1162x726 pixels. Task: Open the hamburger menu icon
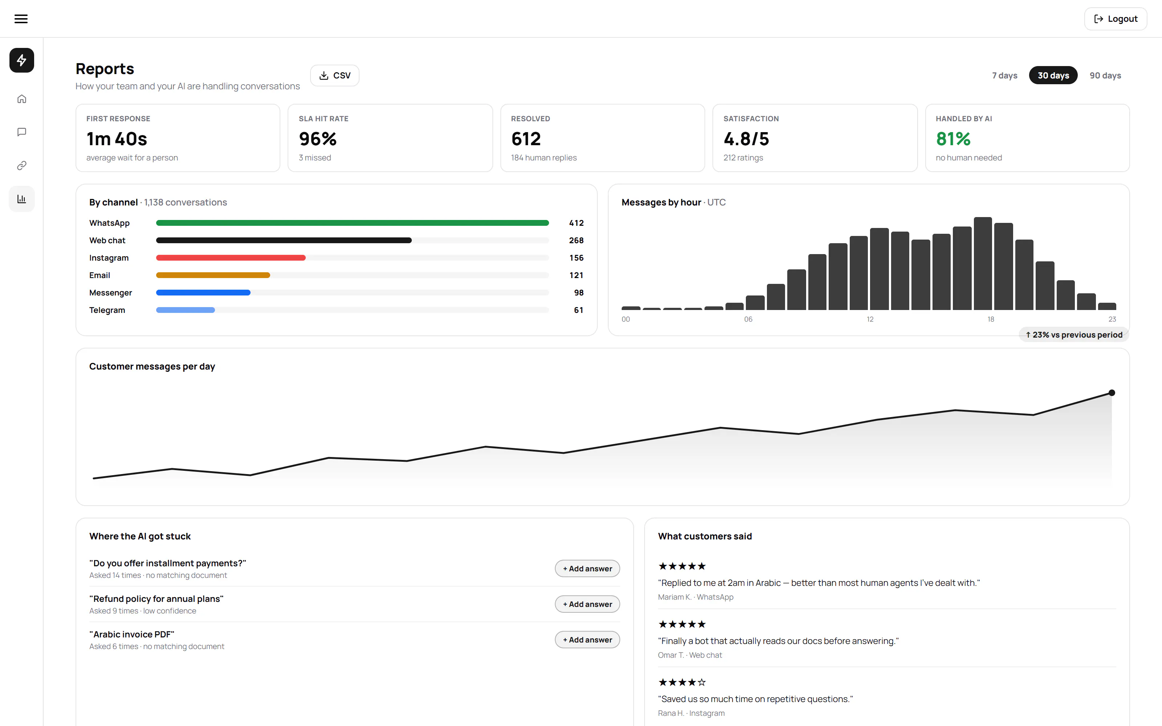tap(21, 19)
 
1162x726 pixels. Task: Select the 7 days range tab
tap(1004, 76)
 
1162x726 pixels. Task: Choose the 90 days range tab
tap(1105, 76)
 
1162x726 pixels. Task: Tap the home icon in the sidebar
tap(22, 99)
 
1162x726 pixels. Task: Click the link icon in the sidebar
tap(22, 166)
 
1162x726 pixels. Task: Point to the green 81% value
tap(953, 139)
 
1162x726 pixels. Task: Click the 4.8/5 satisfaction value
tap(746, 139)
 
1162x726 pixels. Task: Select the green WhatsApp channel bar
tap(353, 223)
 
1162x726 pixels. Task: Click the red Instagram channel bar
tap(231, 258)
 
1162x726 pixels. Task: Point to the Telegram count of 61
tap(578, 310)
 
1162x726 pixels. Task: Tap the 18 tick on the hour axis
tap(991, 319)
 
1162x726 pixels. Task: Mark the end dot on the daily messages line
tap(1112, 393)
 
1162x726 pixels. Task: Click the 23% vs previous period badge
tap(1074, 335)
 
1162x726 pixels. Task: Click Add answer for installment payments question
tap(587, 568)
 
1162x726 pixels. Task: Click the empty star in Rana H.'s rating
tap(702, 682)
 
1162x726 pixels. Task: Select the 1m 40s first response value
tap(117, 139)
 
